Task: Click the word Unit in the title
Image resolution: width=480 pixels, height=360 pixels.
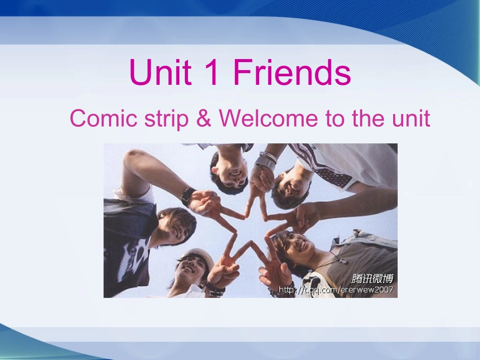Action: (x=160, y=72)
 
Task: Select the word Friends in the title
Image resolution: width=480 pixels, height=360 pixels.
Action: (x=292, y=72)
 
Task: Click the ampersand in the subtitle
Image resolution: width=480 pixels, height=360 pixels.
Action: (x=204, y=119)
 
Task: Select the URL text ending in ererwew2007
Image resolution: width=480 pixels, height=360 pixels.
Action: (x=336, y=290)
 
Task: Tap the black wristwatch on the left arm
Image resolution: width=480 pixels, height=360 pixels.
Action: (x=187, y=196)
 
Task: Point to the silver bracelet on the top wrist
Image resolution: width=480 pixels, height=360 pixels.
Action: (x=266, y=160)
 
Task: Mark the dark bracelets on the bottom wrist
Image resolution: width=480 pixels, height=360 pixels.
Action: (x=215, y=289)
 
